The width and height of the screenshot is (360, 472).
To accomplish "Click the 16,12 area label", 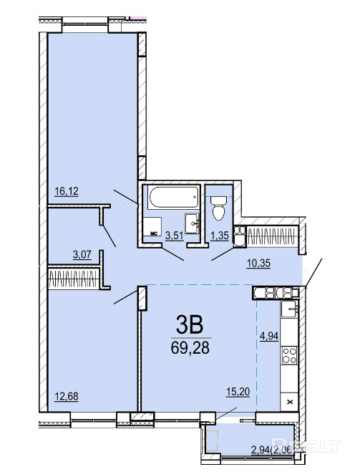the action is [x=67, y=191].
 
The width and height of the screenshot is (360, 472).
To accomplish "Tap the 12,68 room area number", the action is [x=67, y=397].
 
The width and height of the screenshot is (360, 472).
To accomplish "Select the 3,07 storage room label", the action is [x=82, y=255].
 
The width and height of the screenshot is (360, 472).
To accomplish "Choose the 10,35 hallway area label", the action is [x=258, y=263].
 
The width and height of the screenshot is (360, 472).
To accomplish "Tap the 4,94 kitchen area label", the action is [x=269, y=336].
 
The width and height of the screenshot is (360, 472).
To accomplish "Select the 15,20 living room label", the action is [x=238, y=392].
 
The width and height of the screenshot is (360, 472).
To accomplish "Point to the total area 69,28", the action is [x=190, y=348].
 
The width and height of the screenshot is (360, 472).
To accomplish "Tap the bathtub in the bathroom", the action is [x=173, y=198].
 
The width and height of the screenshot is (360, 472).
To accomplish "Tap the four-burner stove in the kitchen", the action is [x=289, y=355].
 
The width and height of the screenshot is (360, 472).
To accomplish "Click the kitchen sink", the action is [x=289, y=309].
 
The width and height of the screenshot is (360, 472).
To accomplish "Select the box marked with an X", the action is [x=290, y=402].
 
